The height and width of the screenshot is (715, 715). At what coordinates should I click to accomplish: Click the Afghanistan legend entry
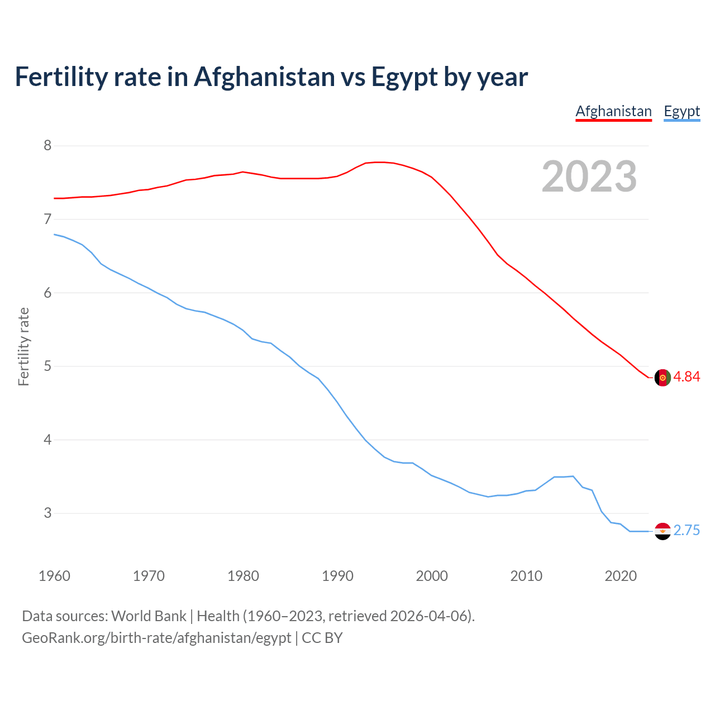coord(613,111)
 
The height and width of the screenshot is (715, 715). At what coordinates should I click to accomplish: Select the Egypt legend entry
coord(681,111)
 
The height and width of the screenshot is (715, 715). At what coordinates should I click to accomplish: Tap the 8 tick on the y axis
coord(47,146)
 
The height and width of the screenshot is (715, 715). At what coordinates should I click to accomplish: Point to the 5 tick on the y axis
coord(47,366)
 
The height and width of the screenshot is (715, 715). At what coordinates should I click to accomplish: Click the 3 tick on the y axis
coord(47,513)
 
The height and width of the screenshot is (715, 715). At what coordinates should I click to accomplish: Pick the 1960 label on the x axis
coord(54,576)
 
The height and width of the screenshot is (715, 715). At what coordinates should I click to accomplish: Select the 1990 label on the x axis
coord(337,576)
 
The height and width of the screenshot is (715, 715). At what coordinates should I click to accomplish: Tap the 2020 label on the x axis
coord(621,576)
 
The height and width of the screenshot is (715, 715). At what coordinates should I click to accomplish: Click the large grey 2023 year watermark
coord(589,177)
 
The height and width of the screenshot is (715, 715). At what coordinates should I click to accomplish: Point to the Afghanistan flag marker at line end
coord(662,378)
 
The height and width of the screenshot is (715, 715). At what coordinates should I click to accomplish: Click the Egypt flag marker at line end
coord(662,531)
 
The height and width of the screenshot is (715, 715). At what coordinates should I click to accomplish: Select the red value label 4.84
coord(687,377)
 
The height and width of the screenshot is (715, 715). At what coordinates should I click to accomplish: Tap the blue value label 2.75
coord(687,531)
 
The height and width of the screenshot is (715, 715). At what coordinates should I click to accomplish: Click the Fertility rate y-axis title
coord(23,346)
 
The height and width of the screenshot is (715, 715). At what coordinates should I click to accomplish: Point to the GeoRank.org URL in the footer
coord(156,638)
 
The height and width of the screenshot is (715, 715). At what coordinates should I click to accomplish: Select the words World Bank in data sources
coord(149,616)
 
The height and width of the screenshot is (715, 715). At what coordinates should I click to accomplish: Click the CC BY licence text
coord(322,638)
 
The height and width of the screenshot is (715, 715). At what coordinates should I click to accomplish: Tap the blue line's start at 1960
coord(54,234)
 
